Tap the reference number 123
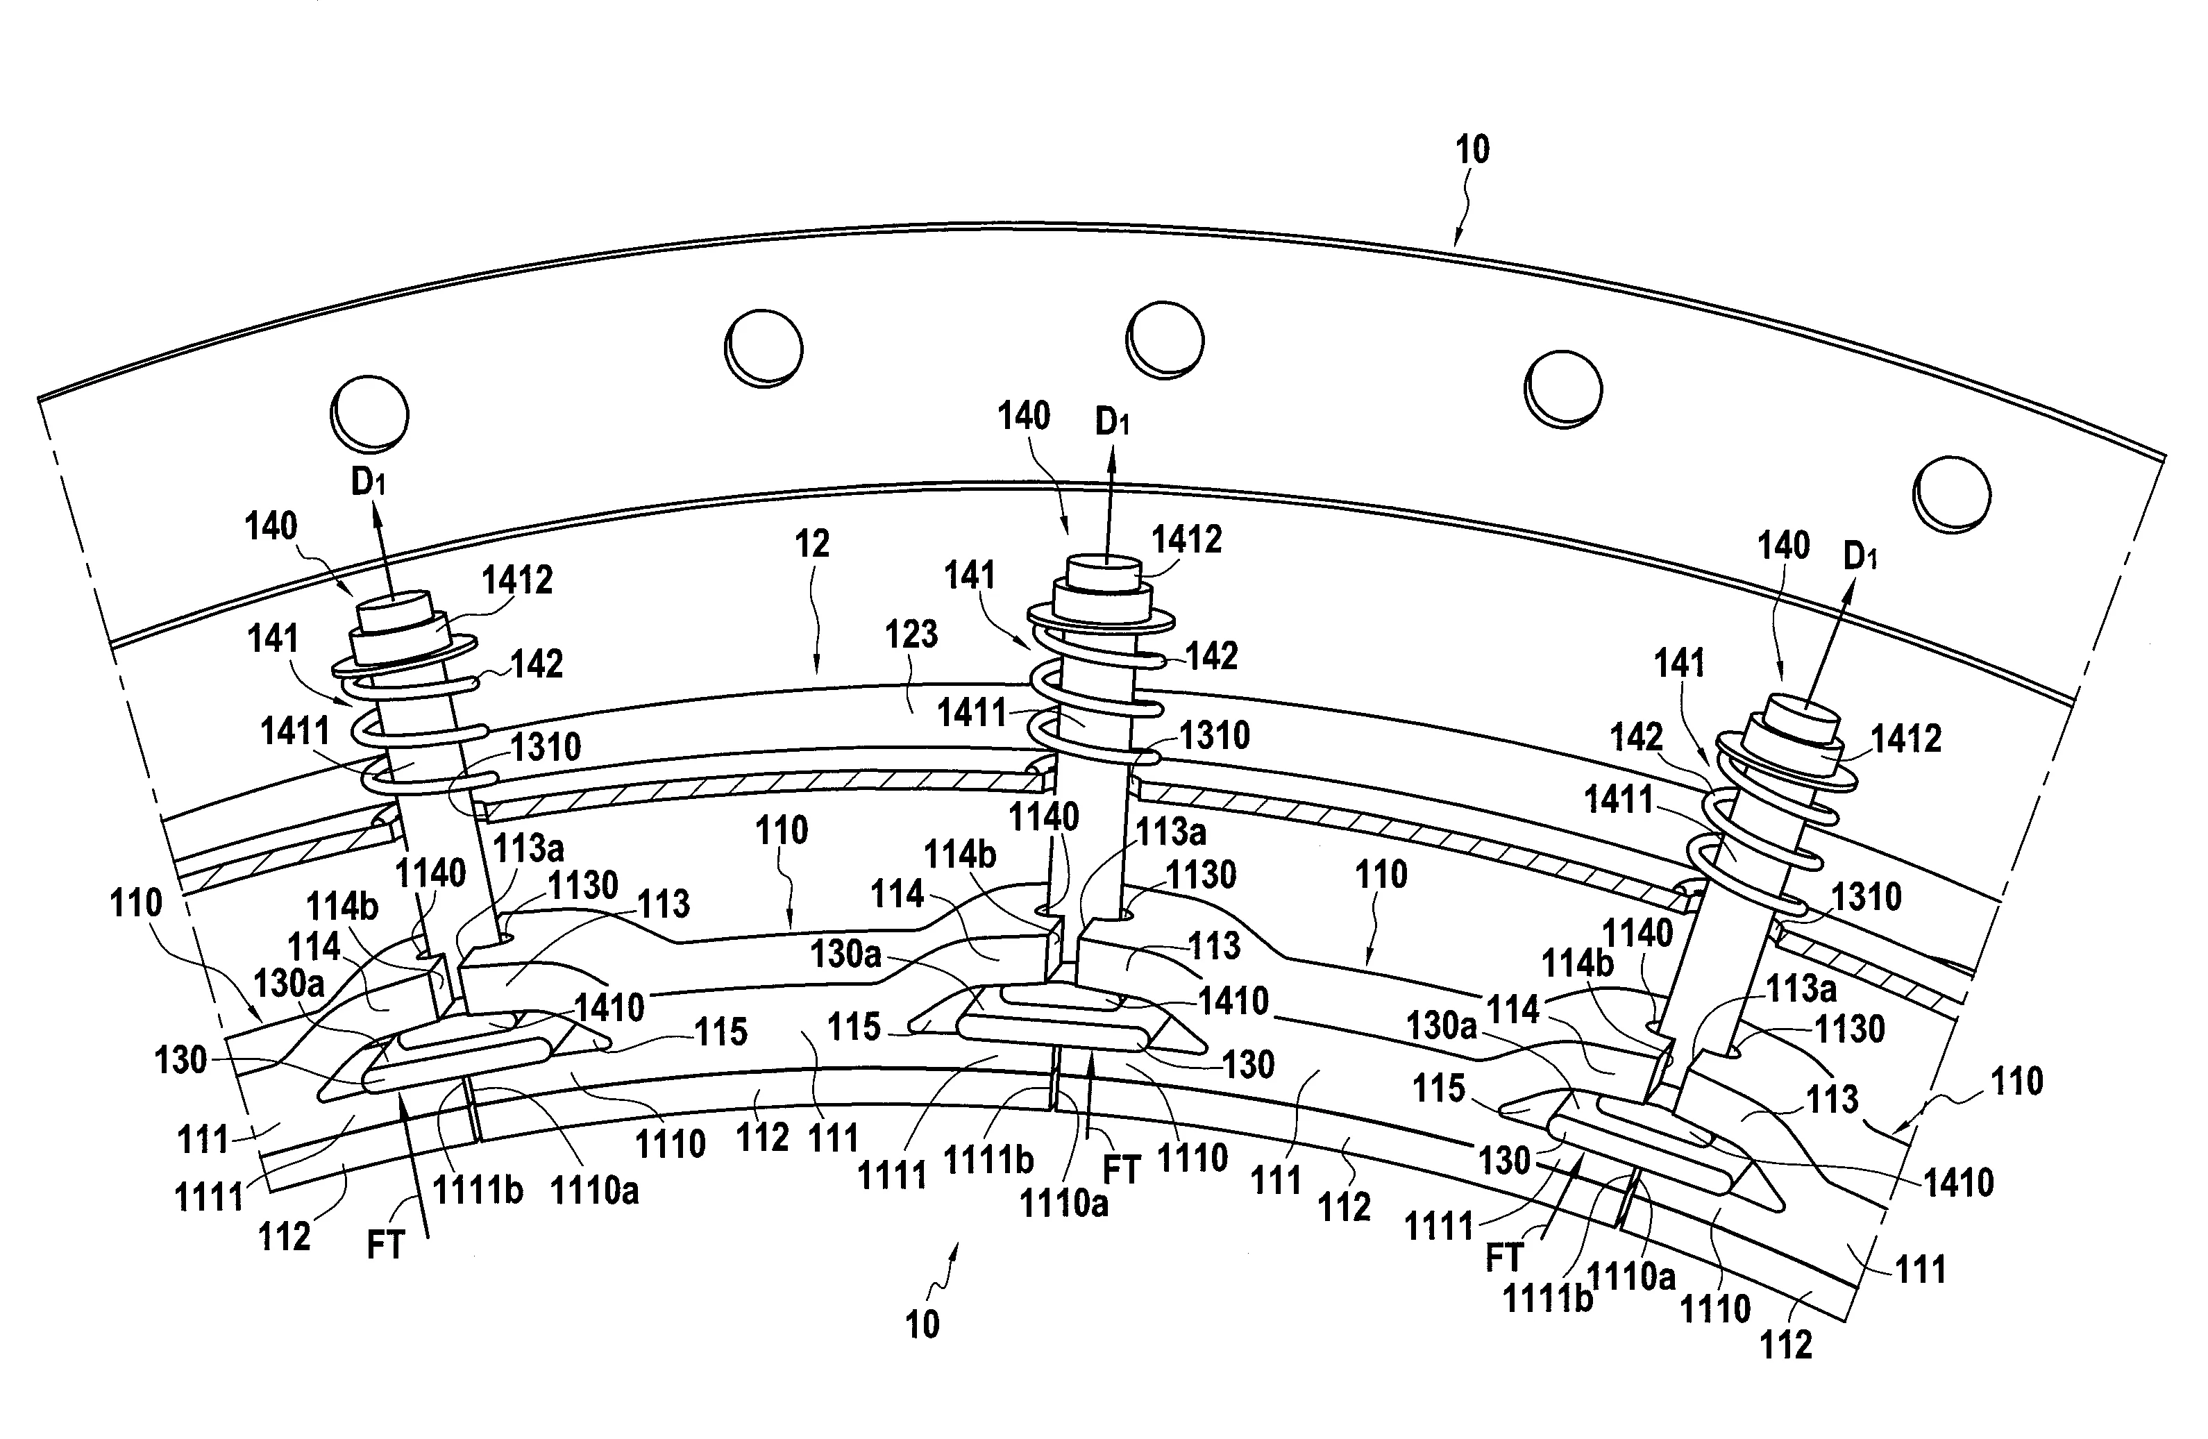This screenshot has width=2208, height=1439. point(911,634)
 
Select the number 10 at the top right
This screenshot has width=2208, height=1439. point(1472,149)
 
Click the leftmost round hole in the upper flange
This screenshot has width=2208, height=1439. point(369,413)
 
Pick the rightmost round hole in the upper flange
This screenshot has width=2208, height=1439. point(1953,494)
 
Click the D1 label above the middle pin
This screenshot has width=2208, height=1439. point(1113,422)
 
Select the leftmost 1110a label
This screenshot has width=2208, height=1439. point(595,1191)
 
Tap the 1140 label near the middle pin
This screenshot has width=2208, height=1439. point(1044,818)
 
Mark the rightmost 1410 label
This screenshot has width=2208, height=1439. point(1958,1183)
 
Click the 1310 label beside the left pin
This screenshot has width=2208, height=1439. point(546,747)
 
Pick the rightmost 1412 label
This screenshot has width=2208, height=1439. point(1905,739)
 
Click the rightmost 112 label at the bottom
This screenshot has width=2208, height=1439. point(1786,1345)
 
